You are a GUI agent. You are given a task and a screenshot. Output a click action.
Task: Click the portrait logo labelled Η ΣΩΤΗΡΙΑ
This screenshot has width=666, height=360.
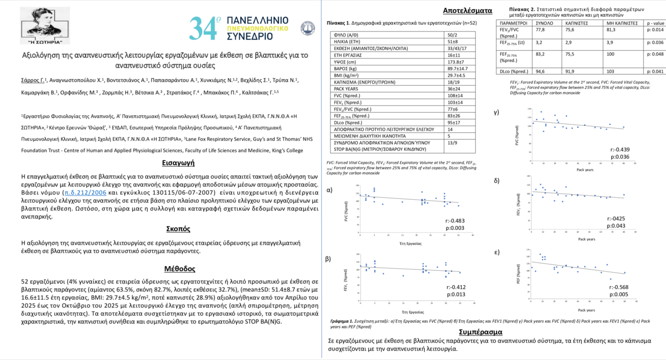tap(45, 25)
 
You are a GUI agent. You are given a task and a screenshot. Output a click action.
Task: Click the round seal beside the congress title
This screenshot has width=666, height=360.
tap(307, 29)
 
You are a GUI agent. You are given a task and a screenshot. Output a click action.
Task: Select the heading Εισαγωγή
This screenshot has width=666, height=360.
tap(178, 163)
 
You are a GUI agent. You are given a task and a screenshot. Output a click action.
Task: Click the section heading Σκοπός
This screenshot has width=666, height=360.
tap(178, 229)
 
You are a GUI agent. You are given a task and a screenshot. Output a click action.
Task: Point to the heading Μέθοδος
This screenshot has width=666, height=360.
tap(180, 269)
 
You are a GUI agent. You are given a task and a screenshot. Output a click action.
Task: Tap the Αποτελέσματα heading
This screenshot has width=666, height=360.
tap(467, 10)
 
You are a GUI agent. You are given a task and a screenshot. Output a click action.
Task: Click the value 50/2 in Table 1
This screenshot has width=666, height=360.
tap(452, 35)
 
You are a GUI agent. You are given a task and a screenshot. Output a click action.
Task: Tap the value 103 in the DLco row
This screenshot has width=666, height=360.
tap(607, 71)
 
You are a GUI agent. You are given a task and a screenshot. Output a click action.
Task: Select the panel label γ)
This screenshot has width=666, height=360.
tap(496, 112)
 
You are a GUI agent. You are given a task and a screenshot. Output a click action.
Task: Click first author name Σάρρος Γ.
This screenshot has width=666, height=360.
tap(33, 80)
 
